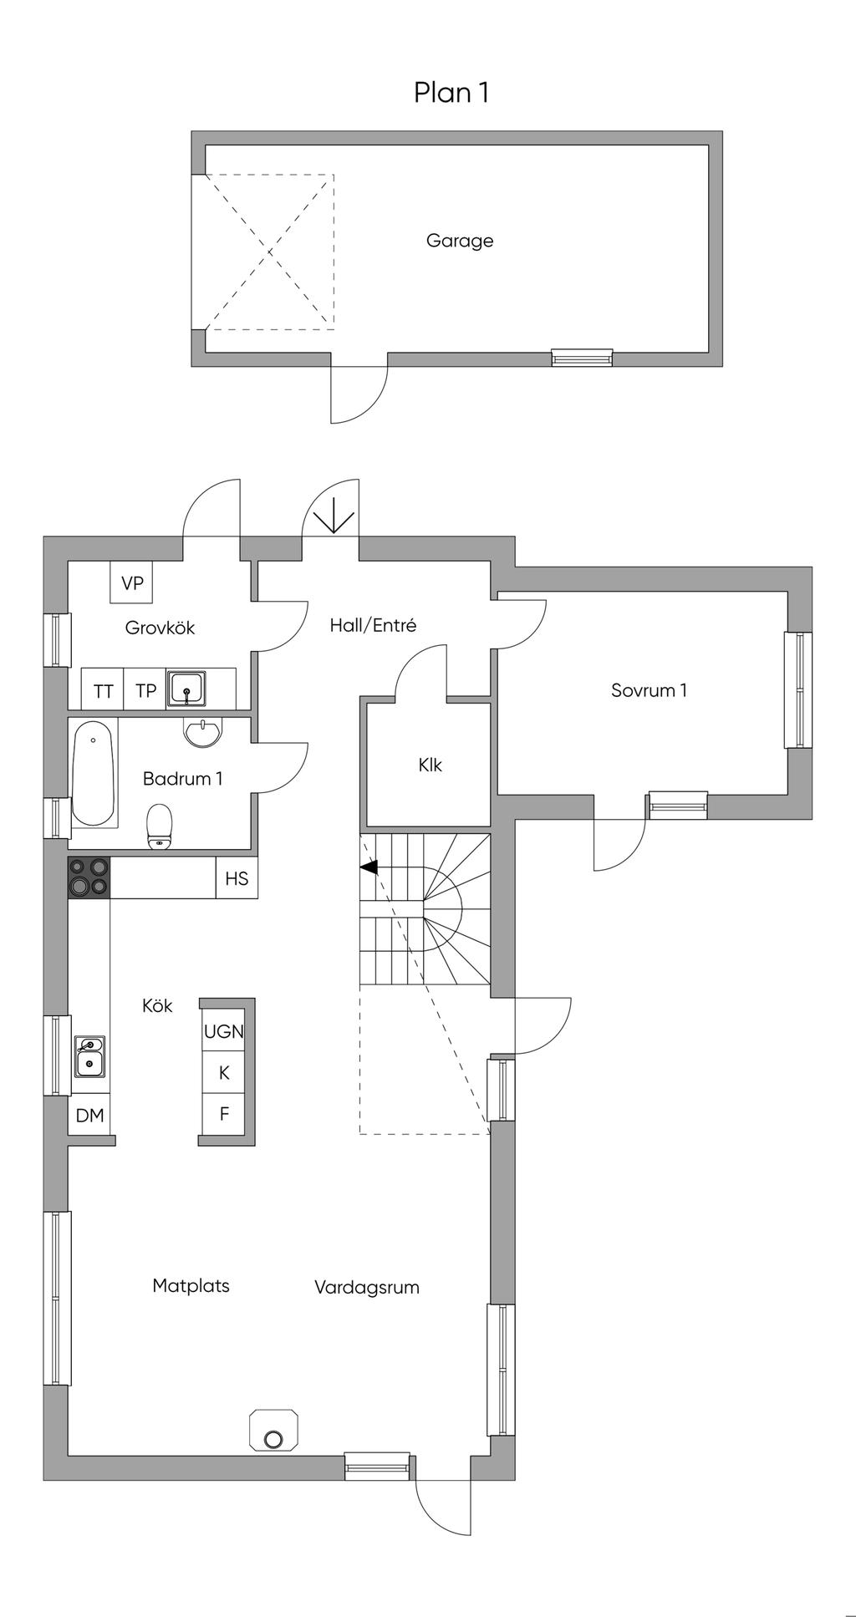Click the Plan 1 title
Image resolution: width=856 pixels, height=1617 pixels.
click(x=451, y=92)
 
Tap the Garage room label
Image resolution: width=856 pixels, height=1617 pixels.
click(x=460, y=241)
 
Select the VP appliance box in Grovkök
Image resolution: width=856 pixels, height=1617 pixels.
click(x=132, y=582)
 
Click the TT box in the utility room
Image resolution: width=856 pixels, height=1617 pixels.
click(x=103, y=690)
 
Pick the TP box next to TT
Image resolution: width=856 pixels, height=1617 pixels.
click(x=145, y=690)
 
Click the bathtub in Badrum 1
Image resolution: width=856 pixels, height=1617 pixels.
click(x=93, y=773)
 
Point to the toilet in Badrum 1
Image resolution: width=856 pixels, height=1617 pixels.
click(x=159, y=826)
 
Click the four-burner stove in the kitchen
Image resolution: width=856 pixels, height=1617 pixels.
click(x=89, y=877)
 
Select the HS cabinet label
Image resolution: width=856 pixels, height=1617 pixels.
click(x=237, y=878)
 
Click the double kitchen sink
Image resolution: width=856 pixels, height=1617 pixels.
click(x=89, y=1056)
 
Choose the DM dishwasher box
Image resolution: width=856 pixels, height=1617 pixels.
click(x=89, y=1115)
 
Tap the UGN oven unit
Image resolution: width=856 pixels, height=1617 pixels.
click(x=224, y=1031)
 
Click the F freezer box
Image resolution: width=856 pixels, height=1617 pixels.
click(x=224, y=1114)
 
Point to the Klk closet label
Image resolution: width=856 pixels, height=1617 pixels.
click(x=430, y=765)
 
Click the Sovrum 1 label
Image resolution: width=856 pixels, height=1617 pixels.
click(x=649, y=690)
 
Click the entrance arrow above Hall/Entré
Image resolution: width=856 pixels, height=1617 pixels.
click(x=333, y=516)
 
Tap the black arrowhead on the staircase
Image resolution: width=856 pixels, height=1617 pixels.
click(x=369, y=867)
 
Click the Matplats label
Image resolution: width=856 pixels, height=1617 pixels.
click(x=191, y=1286)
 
